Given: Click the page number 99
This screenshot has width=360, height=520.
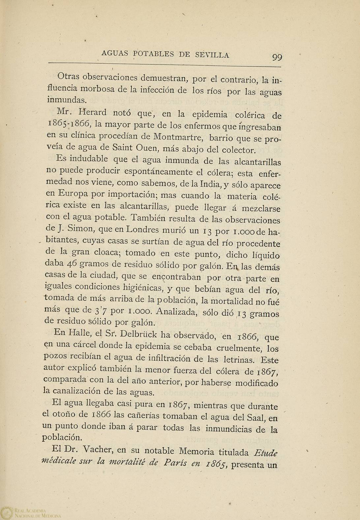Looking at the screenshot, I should click(277, 57).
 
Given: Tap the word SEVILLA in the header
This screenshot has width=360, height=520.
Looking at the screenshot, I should click(212, 54).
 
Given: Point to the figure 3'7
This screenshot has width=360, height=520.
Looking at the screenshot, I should click(99, 311).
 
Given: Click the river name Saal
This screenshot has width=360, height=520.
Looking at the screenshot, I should click(256, 417).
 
